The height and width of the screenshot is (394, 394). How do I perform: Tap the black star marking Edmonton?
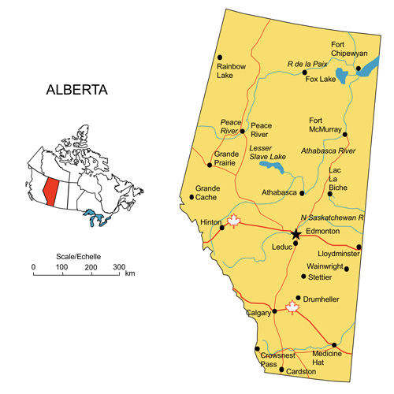tap(295, 234)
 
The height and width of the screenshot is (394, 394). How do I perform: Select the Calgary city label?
tap(258, 313)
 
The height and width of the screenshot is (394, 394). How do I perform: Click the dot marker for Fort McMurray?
tap(344, 134)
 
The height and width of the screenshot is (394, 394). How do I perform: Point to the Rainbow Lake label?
tap(232, 72)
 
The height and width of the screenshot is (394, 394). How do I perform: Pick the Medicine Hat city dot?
tap(334, 344)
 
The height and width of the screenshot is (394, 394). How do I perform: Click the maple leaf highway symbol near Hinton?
tap(233, 221)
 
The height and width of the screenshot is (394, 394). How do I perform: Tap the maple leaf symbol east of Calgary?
tap(293, 307)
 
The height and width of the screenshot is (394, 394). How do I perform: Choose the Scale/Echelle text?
tap(79, 257)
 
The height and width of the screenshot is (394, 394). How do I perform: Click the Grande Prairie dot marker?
tap(209, 165)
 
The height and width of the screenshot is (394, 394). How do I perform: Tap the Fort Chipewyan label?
tap(349, 49)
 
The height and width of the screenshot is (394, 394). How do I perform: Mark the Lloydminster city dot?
tap(359, 247)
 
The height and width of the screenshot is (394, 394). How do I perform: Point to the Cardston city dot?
tap(282, 369)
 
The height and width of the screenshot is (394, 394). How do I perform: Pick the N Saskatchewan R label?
tap(331, 217)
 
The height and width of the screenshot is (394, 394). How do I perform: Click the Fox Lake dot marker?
tap(305, 72)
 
